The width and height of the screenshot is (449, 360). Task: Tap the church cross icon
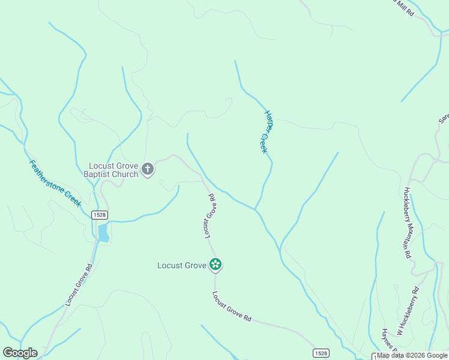coord(148,170)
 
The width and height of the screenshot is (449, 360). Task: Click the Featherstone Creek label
coord(55,182)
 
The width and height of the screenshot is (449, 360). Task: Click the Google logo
coord(20,353)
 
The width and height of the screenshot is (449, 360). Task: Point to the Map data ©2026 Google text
coord(412,356)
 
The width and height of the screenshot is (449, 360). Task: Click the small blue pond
coord(103,232)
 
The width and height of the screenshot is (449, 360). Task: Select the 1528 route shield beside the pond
coord(100,215)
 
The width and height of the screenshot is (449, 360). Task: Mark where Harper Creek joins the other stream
coord(256,209)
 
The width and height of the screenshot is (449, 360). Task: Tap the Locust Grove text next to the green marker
coord(182,265)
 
